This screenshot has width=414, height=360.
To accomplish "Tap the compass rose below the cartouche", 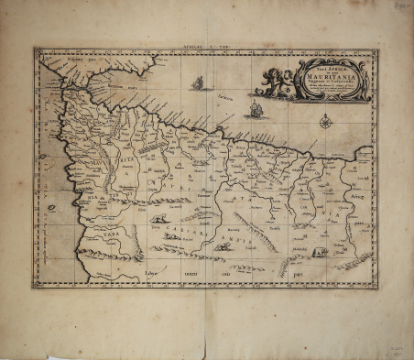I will coord(326,120).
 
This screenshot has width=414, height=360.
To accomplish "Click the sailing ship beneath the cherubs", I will coord(256,110).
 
